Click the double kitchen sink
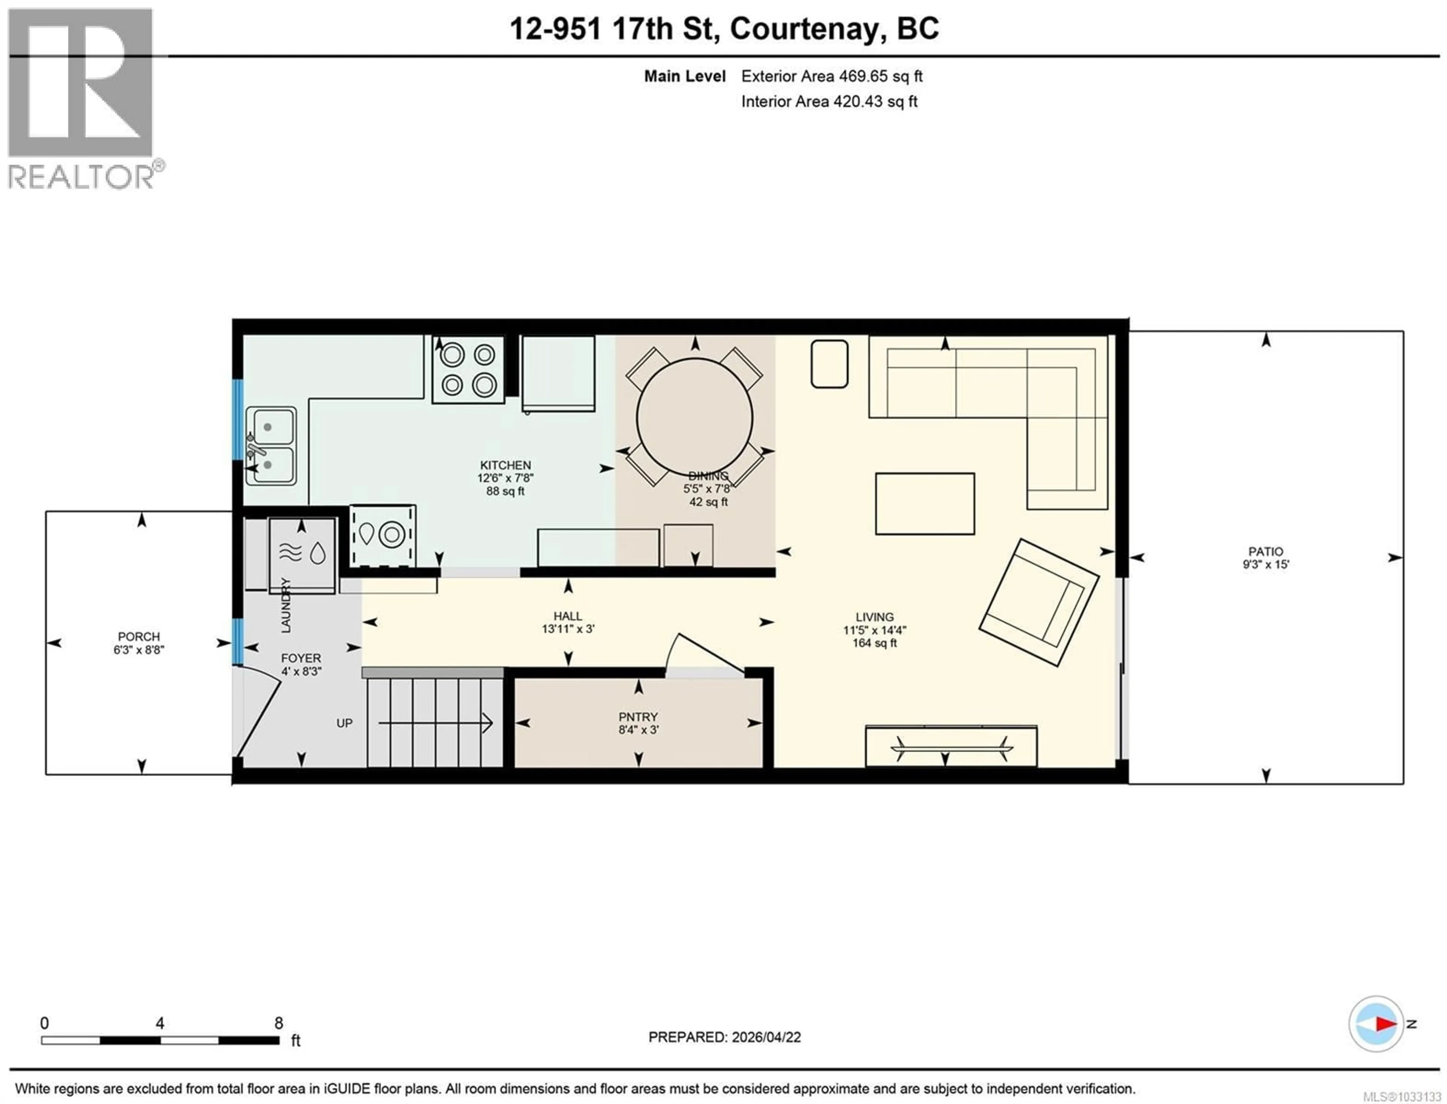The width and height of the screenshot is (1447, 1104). click(271, 446)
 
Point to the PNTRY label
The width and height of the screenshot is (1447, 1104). click(638, 717)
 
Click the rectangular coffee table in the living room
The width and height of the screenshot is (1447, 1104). click(924, 503)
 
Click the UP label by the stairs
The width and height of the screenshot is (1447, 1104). click(344, 723)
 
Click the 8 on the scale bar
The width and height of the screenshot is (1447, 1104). click(278, 1023)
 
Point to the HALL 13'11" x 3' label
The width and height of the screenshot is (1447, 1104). click(567, 622)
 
